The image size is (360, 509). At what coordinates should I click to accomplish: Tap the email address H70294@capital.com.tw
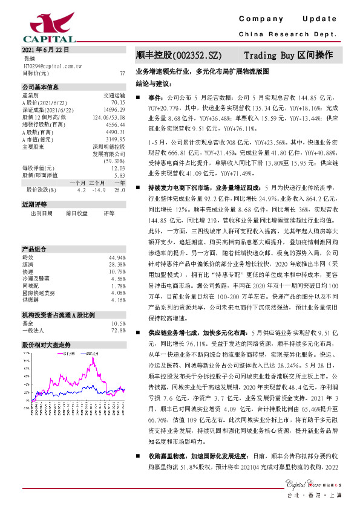pos(52,65)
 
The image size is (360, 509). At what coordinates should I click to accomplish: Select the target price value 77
pos(122,73)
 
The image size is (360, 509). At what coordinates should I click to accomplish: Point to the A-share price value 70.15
pos(118,103)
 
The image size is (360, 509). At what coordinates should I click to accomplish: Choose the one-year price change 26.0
pos(119,189)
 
